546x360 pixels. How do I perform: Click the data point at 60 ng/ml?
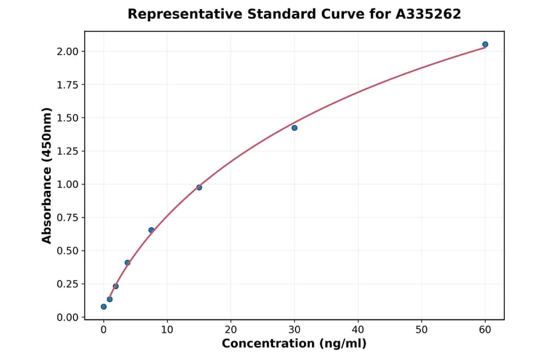[x=485, y=44]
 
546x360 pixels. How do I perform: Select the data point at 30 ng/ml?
[x=294, y=128]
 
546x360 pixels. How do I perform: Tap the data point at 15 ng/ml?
[x=199, y=187]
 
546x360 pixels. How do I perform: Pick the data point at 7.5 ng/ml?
[x=151, y=230]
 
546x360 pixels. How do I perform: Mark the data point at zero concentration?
[x=104, y=307]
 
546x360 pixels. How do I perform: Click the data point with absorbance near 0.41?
[x=127, y=262]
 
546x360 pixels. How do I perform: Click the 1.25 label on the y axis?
[x=67, y=151]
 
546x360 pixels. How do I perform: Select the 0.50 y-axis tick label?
[x=67, y=251]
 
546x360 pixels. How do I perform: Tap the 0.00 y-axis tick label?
[x=67, y=318]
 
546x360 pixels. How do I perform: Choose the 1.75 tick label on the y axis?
[x=67, y=85]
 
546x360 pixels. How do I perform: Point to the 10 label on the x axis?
[x=167, y=330]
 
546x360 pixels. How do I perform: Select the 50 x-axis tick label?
[x=422, y=330]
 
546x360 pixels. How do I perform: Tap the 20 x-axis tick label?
[x=231, y=330]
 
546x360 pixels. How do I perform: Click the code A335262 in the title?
[x=428, y=14]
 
